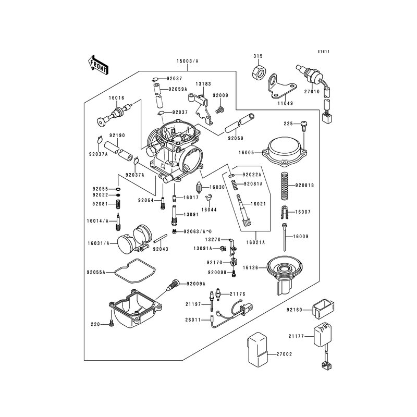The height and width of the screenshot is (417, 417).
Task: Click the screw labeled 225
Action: (303, 124)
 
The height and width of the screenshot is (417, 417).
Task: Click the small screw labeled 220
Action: (111, 324)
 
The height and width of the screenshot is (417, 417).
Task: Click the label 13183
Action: (203, 83)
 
